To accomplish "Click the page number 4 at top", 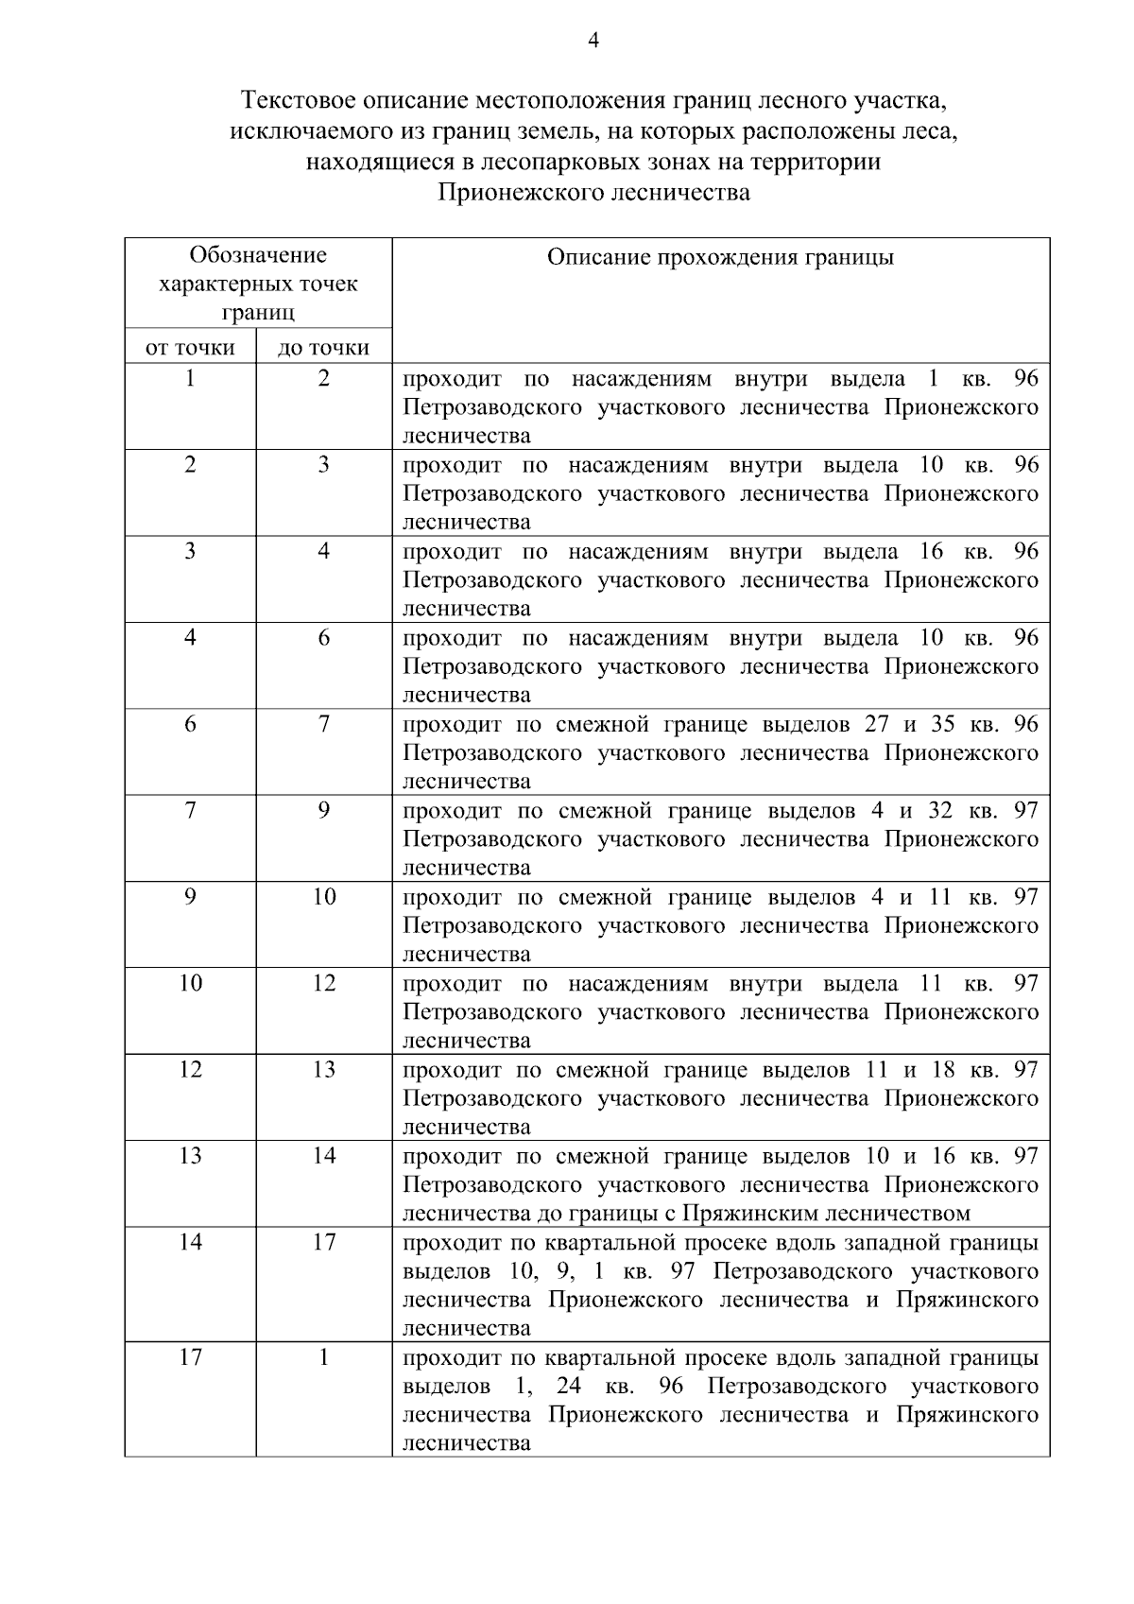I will [593, 40].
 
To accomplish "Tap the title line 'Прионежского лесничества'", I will [593, 193].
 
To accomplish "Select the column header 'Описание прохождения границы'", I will [720, 257].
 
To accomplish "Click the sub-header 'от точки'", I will [190, 348].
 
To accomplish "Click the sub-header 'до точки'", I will [323, 348].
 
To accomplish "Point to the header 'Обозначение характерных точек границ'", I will [258, 283].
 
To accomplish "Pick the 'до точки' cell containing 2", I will [323, 379].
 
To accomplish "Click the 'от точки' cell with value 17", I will [190, 1357].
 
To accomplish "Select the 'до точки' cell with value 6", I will [323, 638].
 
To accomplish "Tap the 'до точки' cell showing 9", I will [323, 810].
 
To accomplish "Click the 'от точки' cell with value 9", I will [190, 897].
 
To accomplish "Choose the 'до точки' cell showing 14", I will [323, 1156].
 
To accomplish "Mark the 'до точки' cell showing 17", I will [323, 1242].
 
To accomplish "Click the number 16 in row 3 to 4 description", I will [930, 551].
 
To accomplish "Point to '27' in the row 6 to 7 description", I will [877, 724].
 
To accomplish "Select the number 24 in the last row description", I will [569, 1387].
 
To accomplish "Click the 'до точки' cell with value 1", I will [323, 1357].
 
